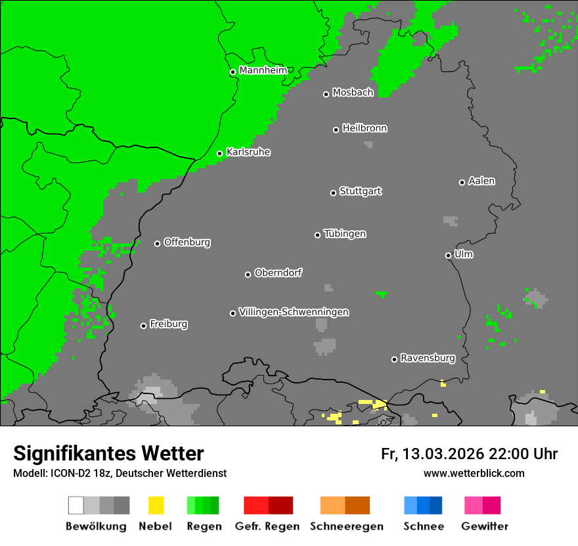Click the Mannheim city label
(263, 70)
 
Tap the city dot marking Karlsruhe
(220, 154)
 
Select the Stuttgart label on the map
(360, 191)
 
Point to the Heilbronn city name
(365, 128)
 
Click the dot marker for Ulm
(448, 255)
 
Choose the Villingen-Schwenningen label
(294, 312)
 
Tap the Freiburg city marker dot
(143, 326)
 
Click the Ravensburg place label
(428, 359)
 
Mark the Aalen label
(481, 181)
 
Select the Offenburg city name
(187, 242)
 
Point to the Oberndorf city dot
(248, 274)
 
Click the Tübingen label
(345, 234)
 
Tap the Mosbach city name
(353, 93)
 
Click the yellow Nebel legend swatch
(156, 505)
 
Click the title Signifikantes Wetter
(108, 454)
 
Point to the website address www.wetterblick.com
(474, 473)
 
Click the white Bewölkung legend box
(76, 505)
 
